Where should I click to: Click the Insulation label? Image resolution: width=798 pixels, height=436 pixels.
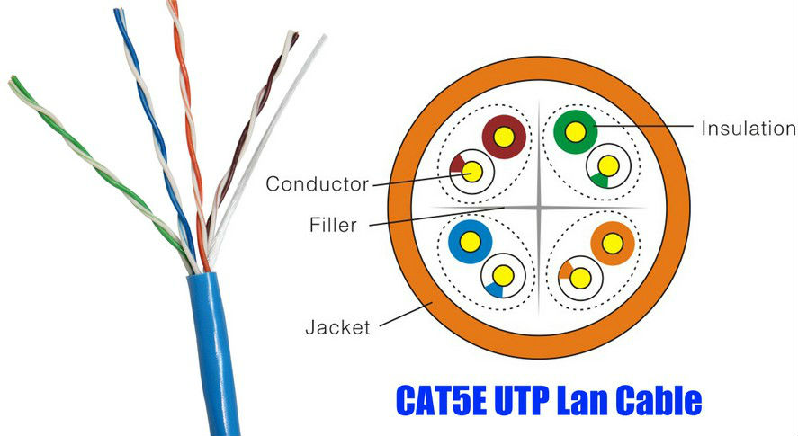point(749,129)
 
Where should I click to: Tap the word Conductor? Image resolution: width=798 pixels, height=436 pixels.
point(317,184)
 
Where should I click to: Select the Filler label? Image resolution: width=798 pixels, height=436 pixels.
point(333,226)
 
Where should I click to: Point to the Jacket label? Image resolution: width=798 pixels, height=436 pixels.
point(337,327)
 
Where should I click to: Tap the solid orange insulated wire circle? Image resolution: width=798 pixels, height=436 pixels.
point(614,243)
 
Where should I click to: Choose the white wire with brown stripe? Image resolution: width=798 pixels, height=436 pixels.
point(471,171)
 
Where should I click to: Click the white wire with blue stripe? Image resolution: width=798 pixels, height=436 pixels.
point(503,275)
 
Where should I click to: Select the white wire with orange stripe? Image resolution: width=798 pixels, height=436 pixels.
point(580,278)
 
